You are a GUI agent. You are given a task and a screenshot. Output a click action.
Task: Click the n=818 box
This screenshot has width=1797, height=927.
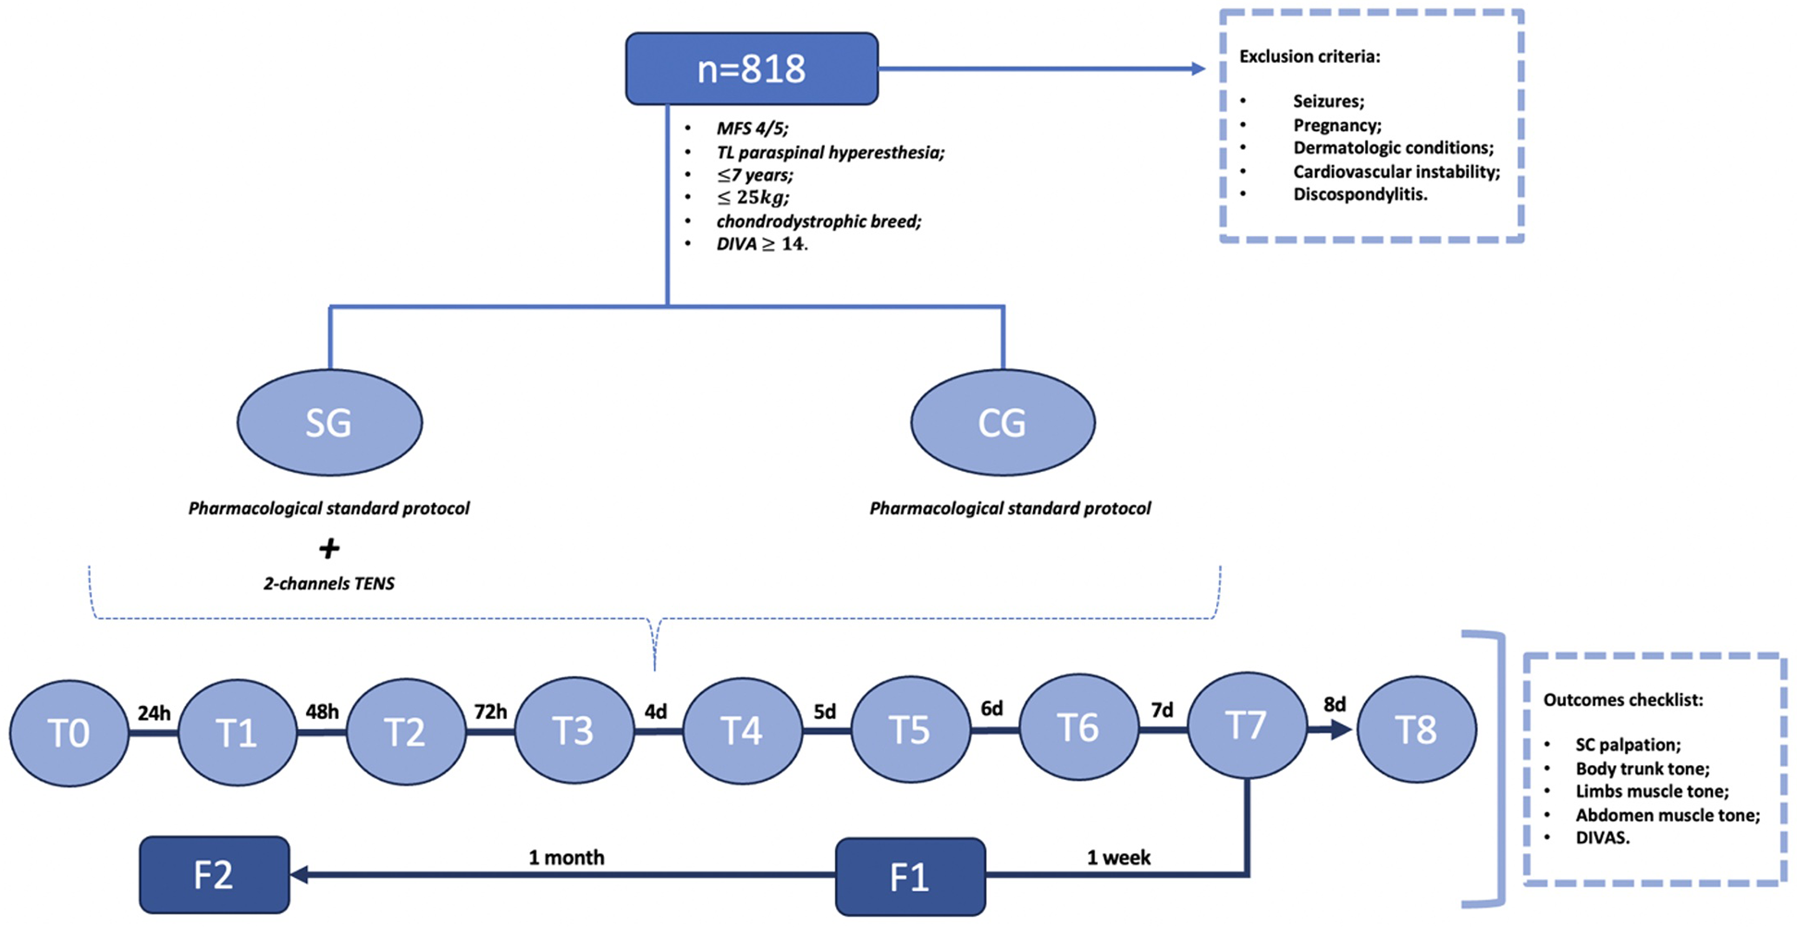point(751,69)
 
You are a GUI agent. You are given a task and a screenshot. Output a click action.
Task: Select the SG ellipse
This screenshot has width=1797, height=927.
point(329,423)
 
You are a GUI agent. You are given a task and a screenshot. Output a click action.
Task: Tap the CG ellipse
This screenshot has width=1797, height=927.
point(1003,423)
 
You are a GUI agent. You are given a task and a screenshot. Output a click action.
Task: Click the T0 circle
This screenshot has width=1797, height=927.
point(69,734)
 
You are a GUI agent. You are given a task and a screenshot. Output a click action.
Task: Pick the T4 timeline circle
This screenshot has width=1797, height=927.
point(742,731)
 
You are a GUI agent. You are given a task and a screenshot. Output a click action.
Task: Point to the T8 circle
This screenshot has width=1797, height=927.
point(1416,730)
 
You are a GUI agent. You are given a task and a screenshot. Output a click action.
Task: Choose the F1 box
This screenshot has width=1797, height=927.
point(910,876)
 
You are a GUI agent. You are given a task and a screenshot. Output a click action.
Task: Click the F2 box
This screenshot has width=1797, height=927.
point(214,874)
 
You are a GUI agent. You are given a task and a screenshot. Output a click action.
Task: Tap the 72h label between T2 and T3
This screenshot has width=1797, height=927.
point(490,711)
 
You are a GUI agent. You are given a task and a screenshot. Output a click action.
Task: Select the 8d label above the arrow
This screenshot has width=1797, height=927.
point(1334,705)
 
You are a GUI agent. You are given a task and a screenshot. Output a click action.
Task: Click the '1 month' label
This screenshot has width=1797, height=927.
point(566,858)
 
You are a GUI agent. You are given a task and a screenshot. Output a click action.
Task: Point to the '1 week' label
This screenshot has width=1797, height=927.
point(1118,858)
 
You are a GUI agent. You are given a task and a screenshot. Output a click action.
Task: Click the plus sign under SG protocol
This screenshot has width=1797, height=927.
point(329,549)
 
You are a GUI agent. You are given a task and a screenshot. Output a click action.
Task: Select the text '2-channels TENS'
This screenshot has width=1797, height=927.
point(329,584)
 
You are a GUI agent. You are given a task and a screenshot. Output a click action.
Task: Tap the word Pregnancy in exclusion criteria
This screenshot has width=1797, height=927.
point(1336,125)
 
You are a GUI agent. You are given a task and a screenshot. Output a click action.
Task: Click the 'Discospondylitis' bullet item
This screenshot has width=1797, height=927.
point(1360,194)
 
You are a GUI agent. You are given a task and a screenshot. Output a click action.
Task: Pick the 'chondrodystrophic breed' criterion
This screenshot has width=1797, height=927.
point(818,221)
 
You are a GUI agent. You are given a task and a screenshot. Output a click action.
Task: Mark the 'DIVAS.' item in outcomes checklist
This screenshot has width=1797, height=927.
point(1602,837)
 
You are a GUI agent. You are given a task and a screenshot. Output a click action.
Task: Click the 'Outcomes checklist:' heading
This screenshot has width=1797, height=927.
point(1622,700)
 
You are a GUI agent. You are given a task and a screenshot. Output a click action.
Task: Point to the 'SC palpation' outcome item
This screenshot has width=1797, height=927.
point(1628,745)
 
